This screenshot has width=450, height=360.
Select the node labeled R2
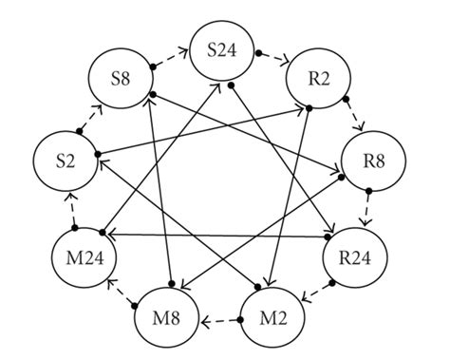coord(312,78)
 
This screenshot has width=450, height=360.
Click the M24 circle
coord(81,256)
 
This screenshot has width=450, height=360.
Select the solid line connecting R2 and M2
coord(290,190)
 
